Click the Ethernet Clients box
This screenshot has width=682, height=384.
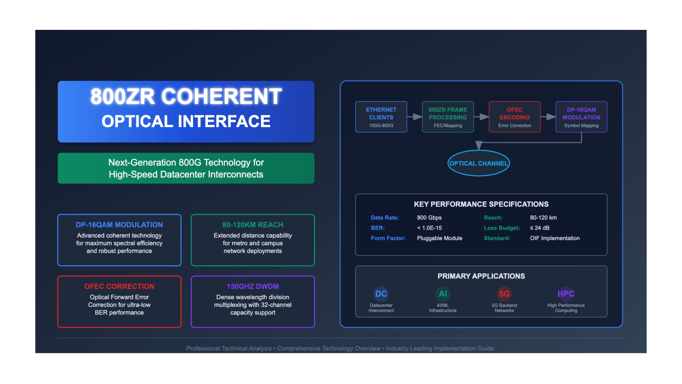coord(381,117)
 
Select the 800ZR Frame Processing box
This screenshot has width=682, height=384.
coord(448,117)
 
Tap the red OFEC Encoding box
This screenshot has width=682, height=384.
coord(515,117)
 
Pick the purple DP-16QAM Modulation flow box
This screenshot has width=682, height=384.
coord(581,117)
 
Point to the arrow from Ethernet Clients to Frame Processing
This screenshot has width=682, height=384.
coord(415,117)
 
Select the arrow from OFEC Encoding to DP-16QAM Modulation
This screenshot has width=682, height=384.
coord(548,117)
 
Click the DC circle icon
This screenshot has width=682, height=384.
coord(381,294)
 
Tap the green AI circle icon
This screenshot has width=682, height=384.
coord(443,294)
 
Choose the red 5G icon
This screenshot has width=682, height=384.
coord(504,294)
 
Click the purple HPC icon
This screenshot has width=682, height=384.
coord(566,294)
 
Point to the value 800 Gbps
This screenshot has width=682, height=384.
coord(429,218)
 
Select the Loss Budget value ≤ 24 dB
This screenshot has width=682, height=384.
coord(540,228)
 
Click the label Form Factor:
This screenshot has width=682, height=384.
coord(388,238)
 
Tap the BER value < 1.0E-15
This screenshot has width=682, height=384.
coord(429,228)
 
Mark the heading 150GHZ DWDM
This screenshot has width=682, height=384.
coord(253,286)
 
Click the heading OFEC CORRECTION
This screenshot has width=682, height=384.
coord(119,286)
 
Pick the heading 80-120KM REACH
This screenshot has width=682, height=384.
coord(253,225)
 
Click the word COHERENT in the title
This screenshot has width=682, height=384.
coord(221,97)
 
